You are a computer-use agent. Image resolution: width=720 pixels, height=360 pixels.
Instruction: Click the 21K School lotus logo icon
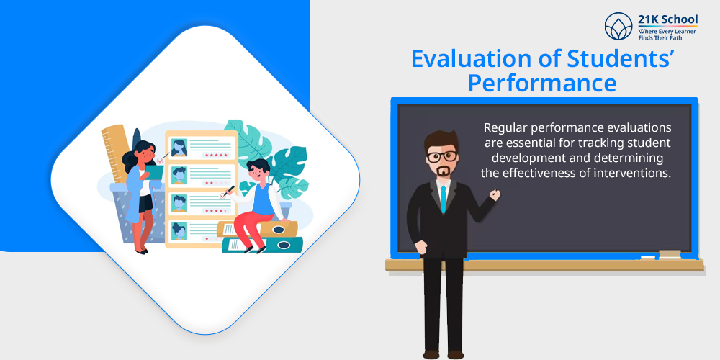coord(618,26)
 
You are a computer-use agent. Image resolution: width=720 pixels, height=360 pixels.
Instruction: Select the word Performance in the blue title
coord(542,84)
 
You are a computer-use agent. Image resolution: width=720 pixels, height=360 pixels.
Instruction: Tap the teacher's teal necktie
coord(443,199)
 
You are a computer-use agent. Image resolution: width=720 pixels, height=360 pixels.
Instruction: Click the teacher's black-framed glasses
coord(442,156)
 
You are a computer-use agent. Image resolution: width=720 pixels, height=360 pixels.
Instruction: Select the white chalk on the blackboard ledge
coord(648,257)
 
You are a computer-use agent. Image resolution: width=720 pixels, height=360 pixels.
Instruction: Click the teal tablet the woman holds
coord(154,172)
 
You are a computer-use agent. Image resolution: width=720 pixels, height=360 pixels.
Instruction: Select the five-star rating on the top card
coord(218,156)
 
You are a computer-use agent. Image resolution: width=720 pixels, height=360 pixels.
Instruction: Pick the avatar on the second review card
coord(179,176)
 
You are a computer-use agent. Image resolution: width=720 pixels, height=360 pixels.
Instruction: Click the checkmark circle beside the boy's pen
coord(224,196)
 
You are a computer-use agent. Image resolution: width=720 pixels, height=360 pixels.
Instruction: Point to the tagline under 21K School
coord(667,35)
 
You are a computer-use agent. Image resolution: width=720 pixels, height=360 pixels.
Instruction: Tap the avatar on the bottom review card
coord(179,231)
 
